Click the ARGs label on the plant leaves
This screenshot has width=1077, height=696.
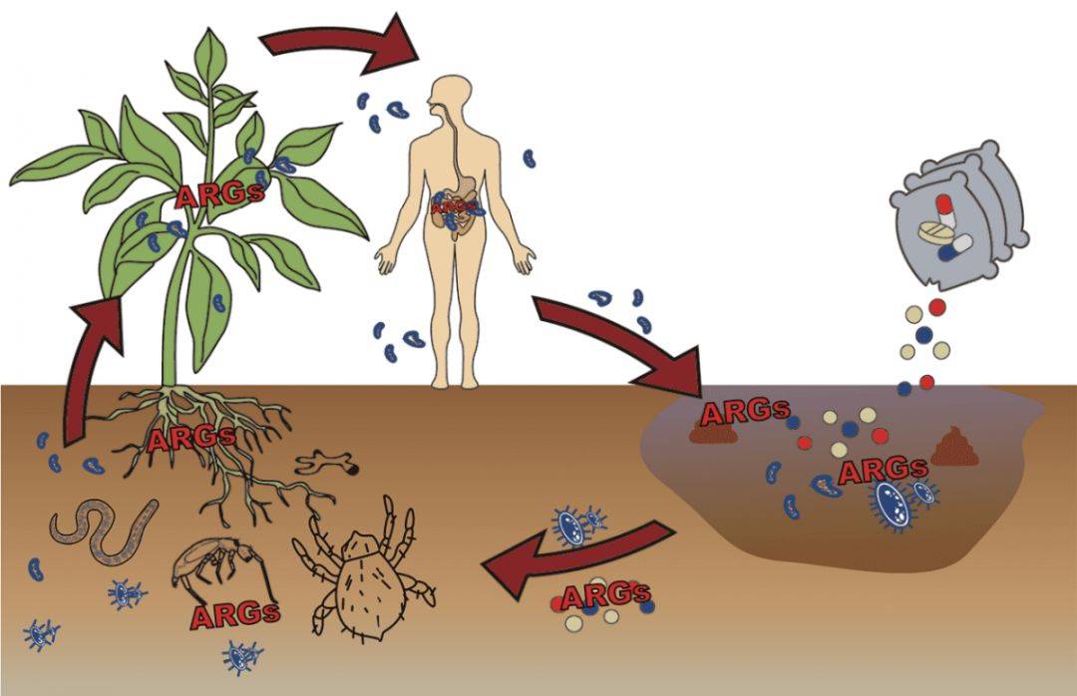point(219,194)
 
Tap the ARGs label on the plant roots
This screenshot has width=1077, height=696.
point(191,439)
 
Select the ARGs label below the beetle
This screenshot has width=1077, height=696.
point(235,613)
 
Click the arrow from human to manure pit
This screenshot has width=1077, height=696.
point(618,344)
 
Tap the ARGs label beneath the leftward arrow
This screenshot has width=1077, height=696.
point(604,596)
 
